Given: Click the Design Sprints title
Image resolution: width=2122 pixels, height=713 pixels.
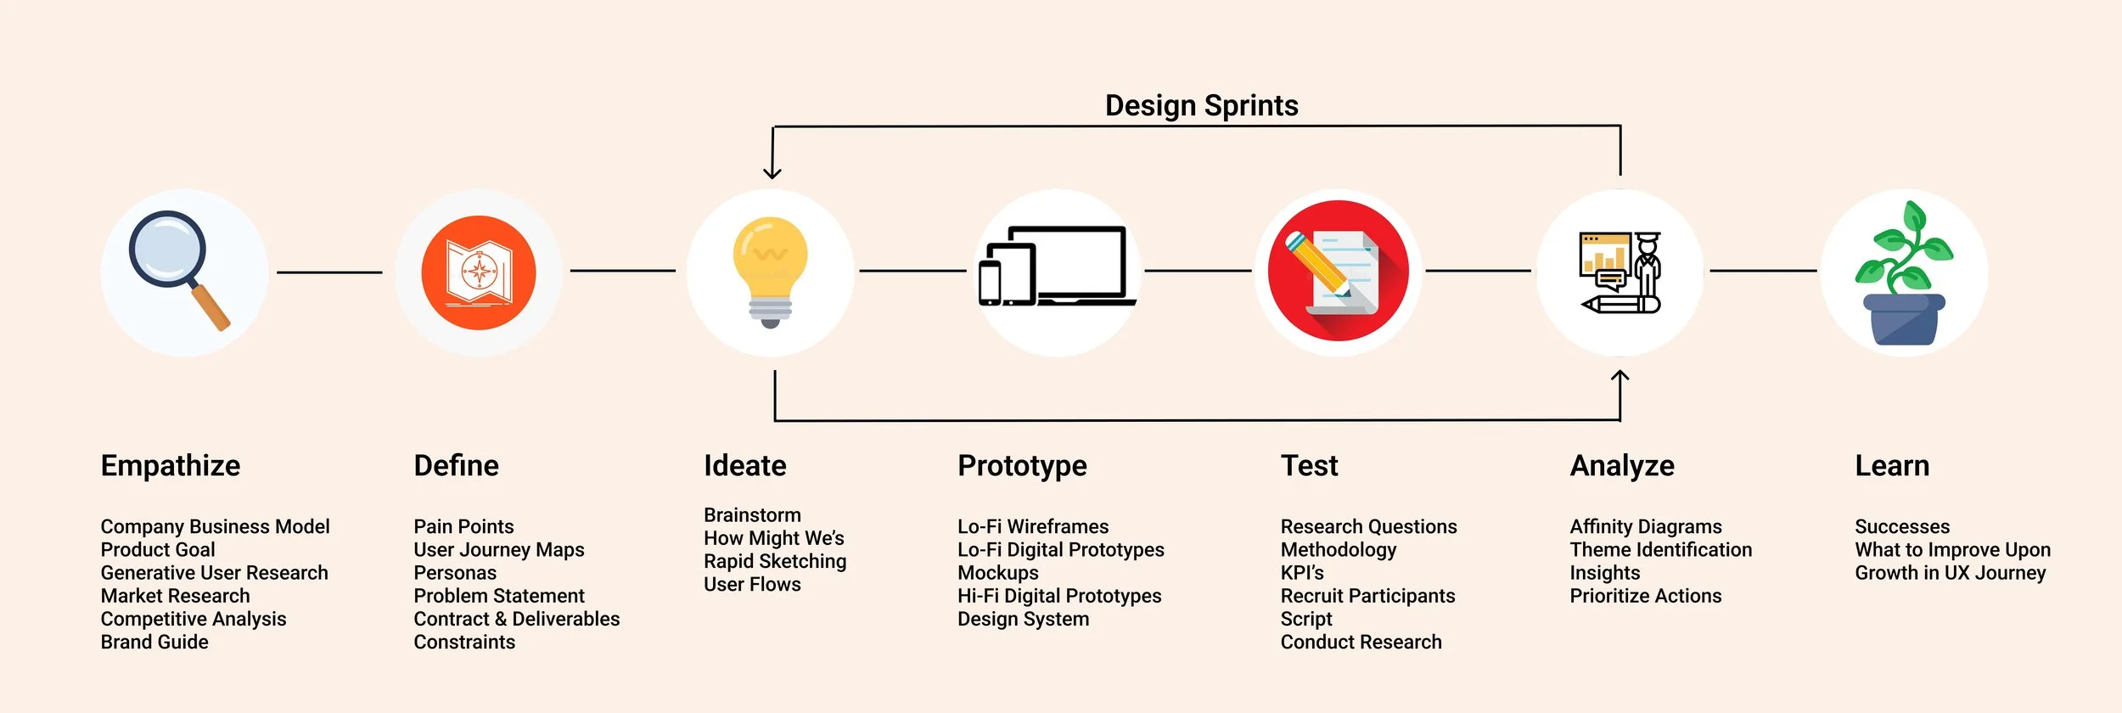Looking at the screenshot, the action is pos(1201,105).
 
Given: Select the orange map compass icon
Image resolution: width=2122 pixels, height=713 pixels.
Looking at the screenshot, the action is pos(479,272).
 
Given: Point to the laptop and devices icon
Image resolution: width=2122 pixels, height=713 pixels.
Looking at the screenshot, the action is pos(1056,267).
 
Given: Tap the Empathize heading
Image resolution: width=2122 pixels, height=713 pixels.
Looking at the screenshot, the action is pos(171,465).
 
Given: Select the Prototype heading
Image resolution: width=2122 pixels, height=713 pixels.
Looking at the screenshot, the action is pos(1022,465).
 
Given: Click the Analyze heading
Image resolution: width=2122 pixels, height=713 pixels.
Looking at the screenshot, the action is pos(1622,465).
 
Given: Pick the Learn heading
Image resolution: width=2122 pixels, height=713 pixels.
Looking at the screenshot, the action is pos(1892,465).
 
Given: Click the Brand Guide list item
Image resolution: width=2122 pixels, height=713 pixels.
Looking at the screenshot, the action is pos(154,642).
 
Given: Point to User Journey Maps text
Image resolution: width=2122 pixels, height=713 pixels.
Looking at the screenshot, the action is pos(499,549).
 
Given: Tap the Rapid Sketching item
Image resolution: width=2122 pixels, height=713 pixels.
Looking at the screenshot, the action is pos(775,561).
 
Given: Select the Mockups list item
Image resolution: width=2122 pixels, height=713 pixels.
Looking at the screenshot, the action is pos(998,573).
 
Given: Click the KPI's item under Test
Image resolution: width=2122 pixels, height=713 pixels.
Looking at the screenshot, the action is pos(1302,573).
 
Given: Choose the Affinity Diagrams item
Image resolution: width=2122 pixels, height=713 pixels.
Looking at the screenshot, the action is pos(1646,526).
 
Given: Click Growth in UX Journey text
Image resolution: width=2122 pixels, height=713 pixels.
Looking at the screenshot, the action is pos(1951,573).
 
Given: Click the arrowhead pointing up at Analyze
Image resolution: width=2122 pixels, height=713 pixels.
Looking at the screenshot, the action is pos(1620,376).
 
